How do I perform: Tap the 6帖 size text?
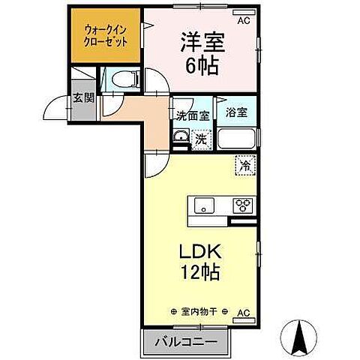coord(202,65)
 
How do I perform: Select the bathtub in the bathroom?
coord(236,139)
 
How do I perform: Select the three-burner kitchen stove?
coord(243,204)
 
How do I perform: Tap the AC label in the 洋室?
coord(244,20)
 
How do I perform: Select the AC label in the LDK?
coord(244,311)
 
